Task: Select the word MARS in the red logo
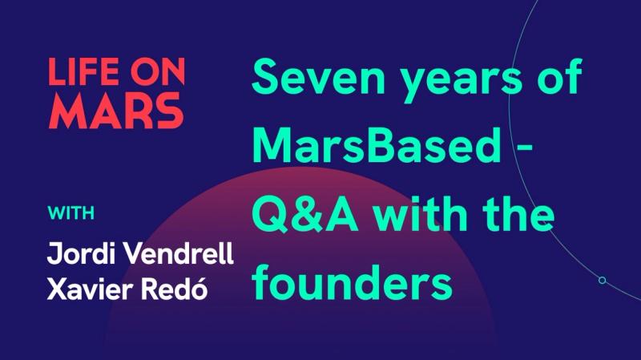[x=115, y=112]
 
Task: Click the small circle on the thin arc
[x=602, y=280]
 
